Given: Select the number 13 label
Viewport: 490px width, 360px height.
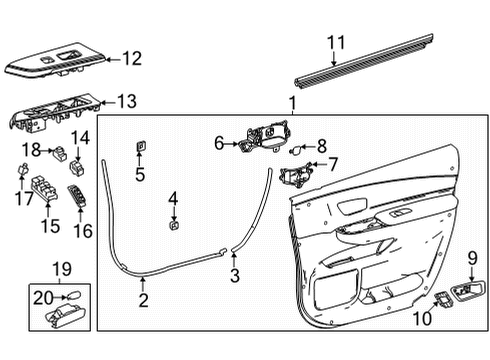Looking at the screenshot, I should [127, 101].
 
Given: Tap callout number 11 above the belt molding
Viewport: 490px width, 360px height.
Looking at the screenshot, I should [336, 42].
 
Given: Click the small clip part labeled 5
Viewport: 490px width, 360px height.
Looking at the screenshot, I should [140, 149].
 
